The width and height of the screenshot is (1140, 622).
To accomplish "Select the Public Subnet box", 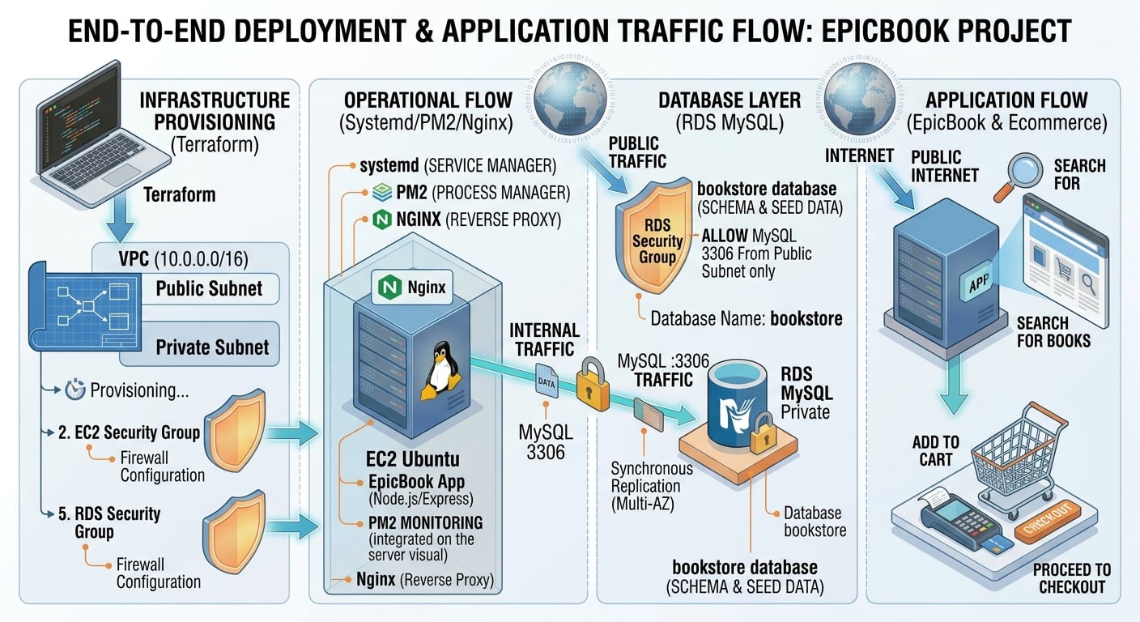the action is click(210, 288).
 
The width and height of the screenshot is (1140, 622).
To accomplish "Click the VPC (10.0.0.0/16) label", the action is click(183, 259).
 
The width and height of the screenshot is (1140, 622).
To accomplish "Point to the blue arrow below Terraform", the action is click(120, 219).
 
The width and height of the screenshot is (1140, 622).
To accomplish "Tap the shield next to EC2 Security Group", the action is click(236, 430).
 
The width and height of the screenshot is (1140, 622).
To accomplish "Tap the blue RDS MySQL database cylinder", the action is click(737, 402).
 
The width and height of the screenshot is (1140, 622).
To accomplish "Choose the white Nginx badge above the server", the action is click(412, 287).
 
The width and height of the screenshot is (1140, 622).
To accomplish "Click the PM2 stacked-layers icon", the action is click(381, 193).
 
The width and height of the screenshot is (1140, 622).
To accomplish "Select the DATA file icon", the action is click(547, 380).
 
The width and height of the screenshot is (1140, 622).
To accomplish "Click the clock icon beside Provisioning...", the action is click(74, 390).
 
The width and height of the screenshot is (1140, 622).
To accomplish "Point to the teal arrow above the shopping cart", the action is click(954, 385).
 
